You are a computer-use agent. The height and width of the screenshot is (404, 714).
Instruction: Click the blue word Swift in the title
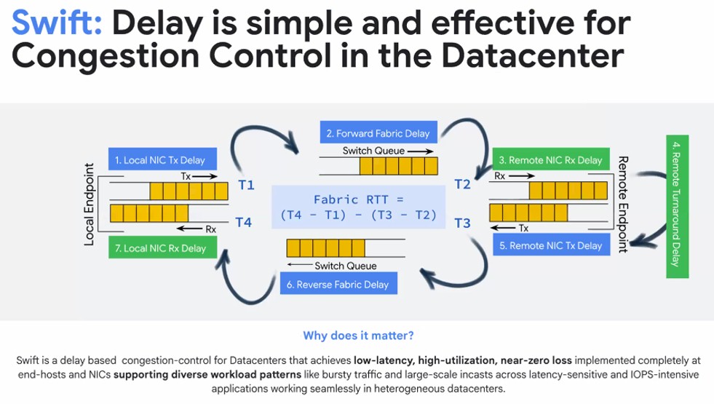[x=57, y=24]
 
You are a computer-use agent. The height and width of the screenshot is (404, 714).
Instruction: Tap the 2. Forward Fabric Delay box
[x=378, y=133]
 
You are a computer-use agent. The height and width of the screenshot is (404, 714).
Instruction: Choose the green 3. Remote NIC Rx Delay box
[x=550, y=159]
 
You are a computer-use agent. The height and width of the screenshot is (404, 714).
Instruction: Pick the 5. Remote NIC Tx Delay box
[x=551, y=245]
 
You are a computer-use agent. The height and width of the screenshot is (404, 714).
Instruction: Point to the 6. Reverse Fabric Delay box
[x=337, y=284]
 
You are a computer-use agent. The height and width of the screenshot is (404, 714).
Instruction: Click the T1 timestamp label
[x=246, y=186]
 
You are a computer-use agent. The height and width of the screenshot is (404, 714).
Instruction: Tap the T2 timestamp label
[x=462, y=185]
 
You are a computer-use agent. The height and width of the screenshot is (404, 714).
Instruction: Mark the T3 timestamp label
[x=462, y=223]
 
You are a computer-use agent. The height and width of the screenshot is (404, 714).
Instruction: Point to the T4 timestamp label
[x=244, y=223]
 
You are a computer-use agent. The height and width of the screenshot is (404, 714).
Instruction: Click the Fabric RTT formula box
[x=357, y=207]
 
